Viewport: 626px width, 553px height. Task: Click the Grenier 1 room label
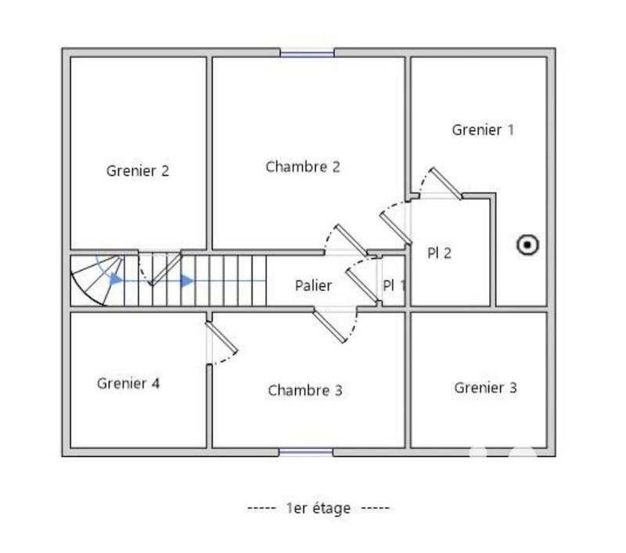pyautogui.click(x=483, y=130)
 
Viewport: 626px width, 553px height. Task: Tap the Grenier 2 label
pyautogui.click(x=138, y=171)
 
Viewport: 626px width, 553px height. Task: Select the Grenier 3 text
pyautogui.click(x=485, y=387)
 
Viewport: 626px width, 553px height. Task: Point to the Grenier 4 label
pyautogui.click(x=128, y=383)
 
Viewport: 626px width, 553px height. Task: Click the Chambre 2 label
pyautogui.click(x=303, y=167)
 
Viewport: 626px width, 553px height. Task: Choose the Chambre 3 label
pyautogui.click(x=305, y=390)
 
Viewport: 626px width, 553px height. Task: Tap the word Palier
pyautogui.click(x=313, y=285)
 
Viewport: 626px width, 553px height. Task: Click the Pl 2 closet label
pyautogui.click(x=439, y=253)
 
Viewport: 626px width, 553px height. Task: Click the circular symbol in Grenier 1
pyautogui.click(x=528, y=246)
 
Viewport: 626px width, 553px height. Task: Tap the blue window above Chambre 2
pyautogui.click(x=308, y=53)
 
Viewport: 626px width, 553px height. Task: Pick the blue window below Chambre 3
pyautogui.click(x=306, y=452)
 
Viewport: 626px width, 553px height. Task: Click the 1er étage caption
pyautogui.click(x=318, y=508)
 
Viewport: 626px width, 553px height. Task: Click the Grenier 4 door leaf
pyautogui.click(x=223, y=338)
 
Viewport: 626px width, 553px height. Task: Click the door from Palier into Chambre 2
pyautogui.click(x=350, y=240)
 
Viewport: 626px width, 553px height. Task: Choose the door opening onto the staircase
pyautogui.click(x=166, y=268)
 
